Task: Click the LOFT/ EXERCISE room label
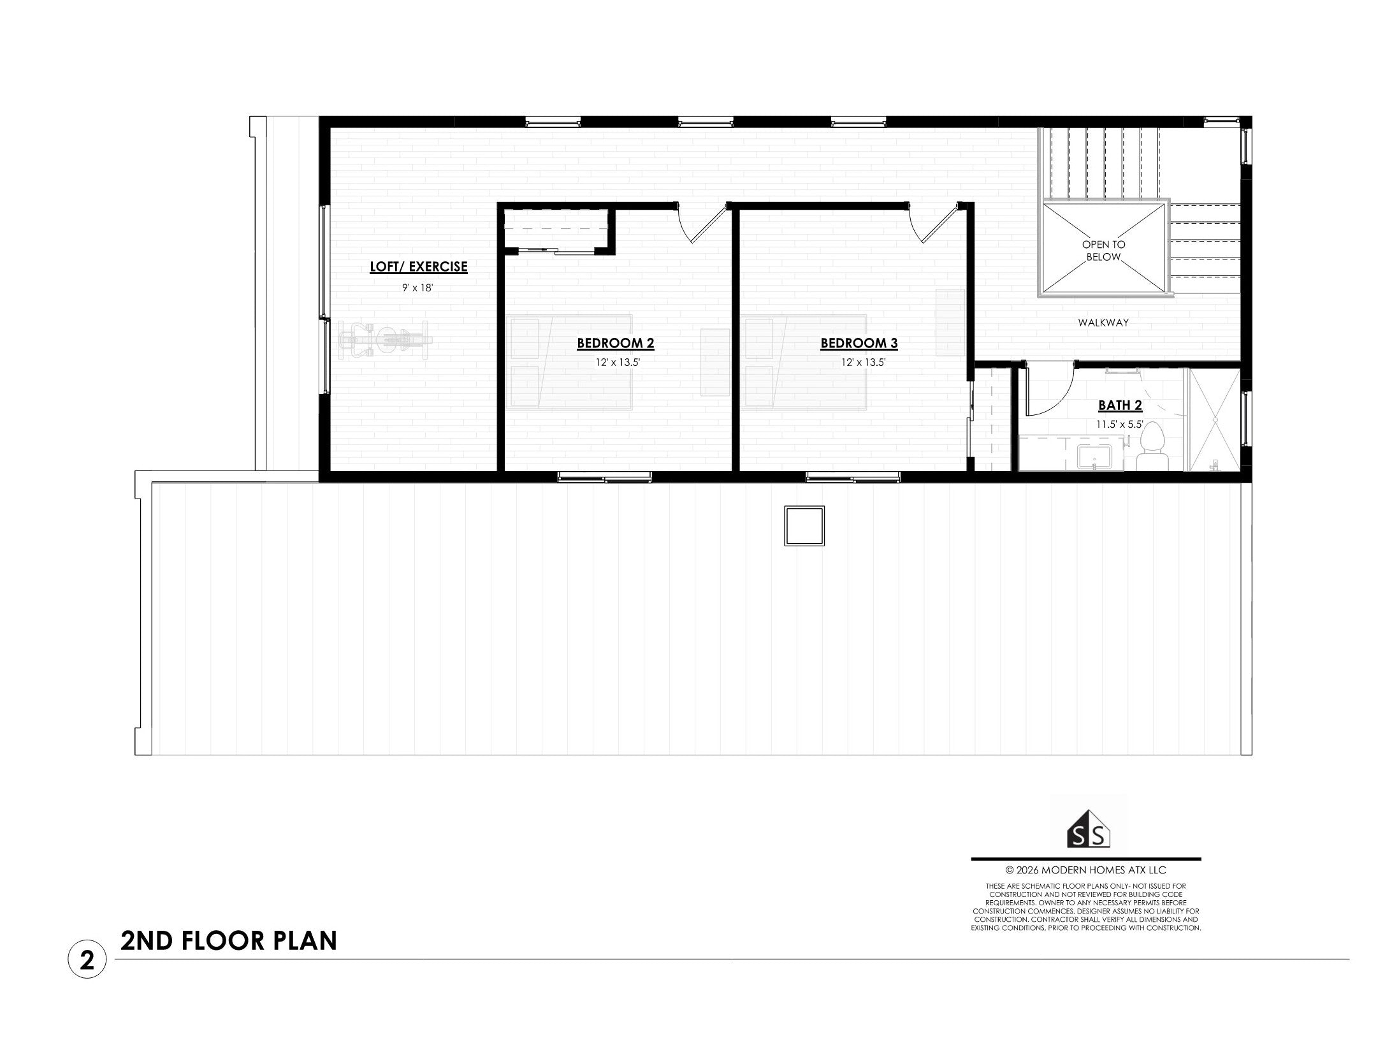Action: [x=419, y=267]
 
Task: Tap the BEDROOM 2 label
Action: [x=616, y=344]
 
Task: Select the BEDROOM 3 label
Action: [x=859, y=344]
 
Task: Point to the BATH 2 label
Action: [x=1120, y=405]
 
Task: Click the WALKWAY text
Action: [x=1103, y=323]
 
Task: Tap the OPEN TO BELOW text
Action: [x=1103, y=251]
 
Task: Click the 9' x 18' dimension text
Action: [x=417, y=288]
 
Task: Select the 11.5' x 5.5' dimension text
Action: [x=1120, y=424]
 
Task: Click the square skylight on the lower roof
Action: [x=804, y=525]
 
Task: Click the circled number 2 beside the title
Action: [x=87, y=960]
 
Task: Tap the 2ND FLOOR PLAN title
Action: [x=229, y=942]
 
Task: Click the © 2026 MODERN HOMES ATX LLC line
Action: [x=1085, y=870]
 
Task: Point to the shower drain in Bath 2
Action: [x=1215, y=419]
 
